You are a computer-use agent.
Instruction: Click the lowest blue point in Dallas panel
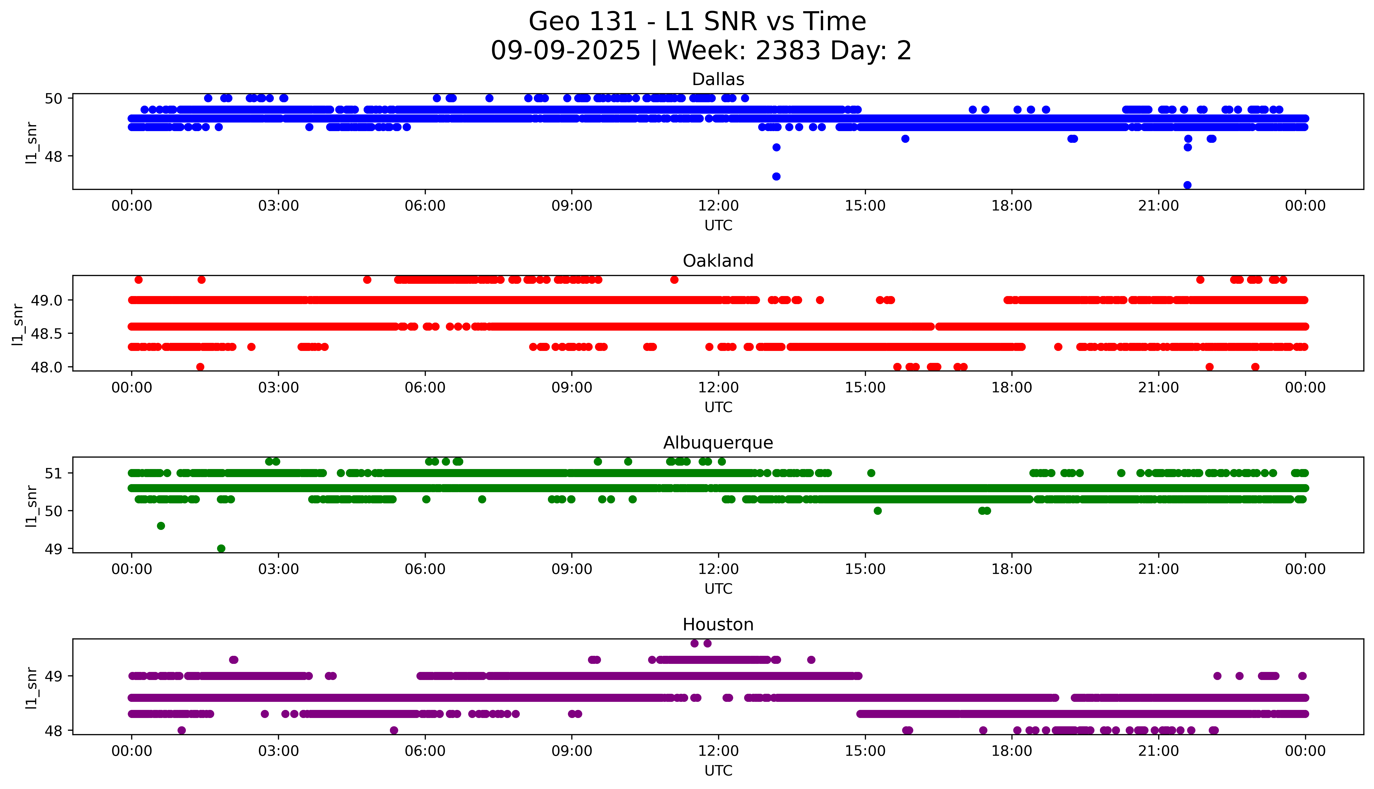[1187, 185]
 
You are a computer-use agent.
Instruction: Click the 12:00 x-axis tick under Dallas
[718, 206]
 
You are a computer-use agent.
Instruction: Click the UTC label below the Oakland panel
[718, 407]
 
